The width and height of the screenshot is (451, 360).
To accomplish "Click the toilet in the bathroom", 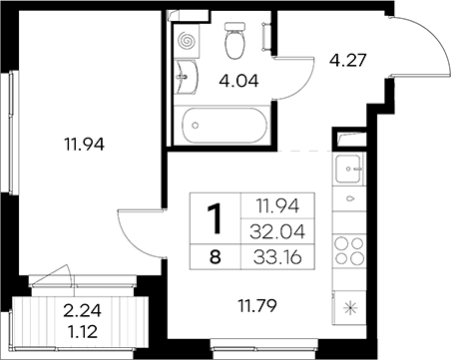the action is click(x=235, y=41).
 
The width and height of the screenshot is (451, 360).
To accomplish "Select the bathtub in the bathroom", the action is click(x=225, y=126).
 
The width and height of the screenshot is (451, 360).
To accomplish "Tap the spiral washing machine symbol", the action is click(x=187, y=41).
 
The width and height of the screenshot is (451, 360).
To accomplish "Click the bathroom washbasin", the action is click(x=186, y=78).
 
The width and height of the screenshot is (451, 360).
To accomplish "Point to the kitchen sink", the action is click(x=348, y=169).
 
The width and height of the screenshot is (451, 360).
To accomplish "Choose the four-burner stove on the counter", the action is click(x=349, y=250).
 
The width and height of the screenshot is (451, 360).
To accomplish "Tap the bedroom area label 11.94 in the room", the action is click(x=85, y=145).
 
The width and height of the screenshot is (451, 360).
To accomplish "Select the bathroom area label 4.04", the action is click(x=238, y=81).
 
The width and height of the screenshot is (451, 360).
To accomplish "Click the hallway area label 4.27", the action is click(x=348, y=61).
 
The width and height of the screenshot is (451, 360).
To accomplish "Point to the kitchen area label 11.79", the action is click(x=257, y=306).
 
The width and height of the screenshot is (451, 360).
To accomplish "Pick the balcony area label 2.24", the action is click(x=82, y=311).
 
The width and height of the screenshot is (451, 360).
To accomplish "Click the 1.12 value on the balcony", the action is click(x=82, y=331).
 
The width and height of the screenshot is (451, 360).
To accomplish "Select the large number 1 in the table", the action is click(x=215, y=218).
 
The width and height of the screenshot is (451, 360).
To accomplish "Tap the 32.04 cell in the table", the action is click(x=277, y=231).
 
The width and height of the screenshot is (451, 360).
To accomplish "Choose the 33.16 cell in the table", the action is click(x=277, y=256).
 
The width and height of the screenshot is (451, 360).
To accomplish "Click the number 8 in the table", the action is click(x=216, y=256).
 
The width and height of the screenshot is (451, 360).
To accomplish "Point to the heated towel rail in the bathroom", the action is click(x=266, y=36).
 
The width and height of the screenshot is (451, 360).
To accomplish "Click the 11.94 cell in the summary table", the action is click(x=277, y=206).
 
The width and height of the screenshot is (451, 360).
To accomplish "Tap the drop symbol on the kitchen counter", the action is click(x=350, y=198).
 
